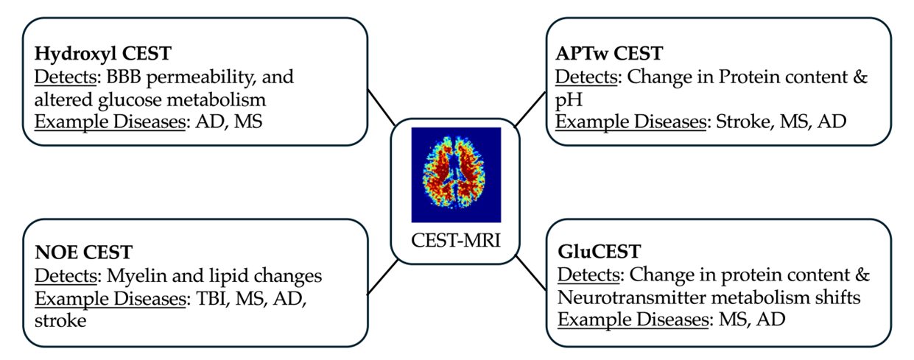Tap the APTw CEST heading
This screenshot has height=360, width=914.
coord(609,54)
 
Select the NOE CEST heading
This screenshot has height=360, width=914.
coord(83,253)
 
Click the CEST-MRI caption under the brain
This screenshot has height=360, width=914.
coord(456,239)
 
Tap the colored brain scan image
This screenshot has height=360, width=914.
coord(456,174)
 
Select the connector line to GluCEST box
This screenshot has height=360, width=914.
coord(531,272)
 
